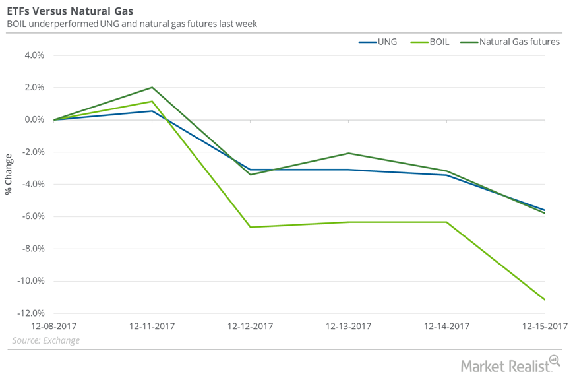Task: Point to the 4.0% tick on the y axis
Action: pyautogui.click(x=32, y=55)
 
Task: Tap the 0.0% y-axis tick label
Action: pyautogui.click(x=32, y=120)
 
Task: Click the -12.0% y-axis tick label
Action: pyautogui.click(x=30, y=313)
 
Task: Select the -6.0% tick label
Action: pyautogui.click(x=31, y=216)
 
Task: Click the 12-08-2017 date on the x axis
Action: pyautogui.click(x=54, y=327)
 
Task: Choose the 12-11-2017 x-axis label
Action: pyautogui.click(x=152, y=327)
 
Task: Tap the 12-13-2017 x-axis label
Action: pyautogui.click(x=349, y=327)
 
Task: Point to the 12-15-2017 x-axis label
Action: pyautogui.click(x=545, y=327)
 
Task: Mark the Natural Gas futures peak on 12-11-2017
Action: pyautogui.click(x=152, y=87)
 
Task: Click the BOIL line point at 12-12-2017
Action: pyautogui.click(x=251, y=227)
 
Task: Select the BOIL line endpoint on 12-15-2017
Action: pyautogui.click(x=545, y=300)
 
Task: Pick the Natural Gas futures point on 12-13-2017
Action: pyautogui.click(x=349, y=153)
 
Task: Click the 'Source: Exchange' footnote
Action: pyautogui.click(x=46, y=340)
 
